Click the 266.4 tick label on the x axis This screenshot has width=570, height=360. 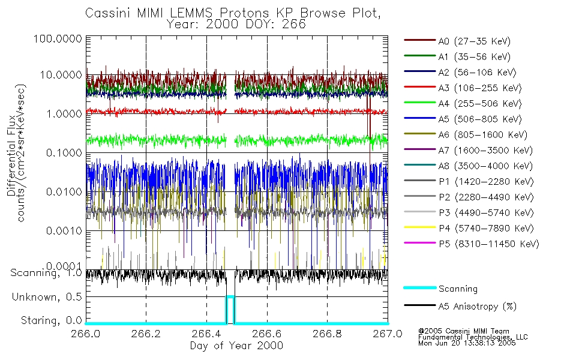(x=206, y=334)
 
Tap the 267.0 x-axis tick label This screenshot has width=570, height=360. (x=387, y=334)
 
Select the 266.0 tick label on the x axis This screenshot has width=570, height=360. (x=86, y=334)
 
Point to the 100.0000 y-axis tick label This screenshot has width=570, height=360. (x=57, y=38)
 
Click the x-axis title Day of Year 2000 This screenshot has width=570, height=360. (x=236, y=346)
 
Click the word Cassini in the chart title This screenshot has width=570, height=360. (x=106, y=13)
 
